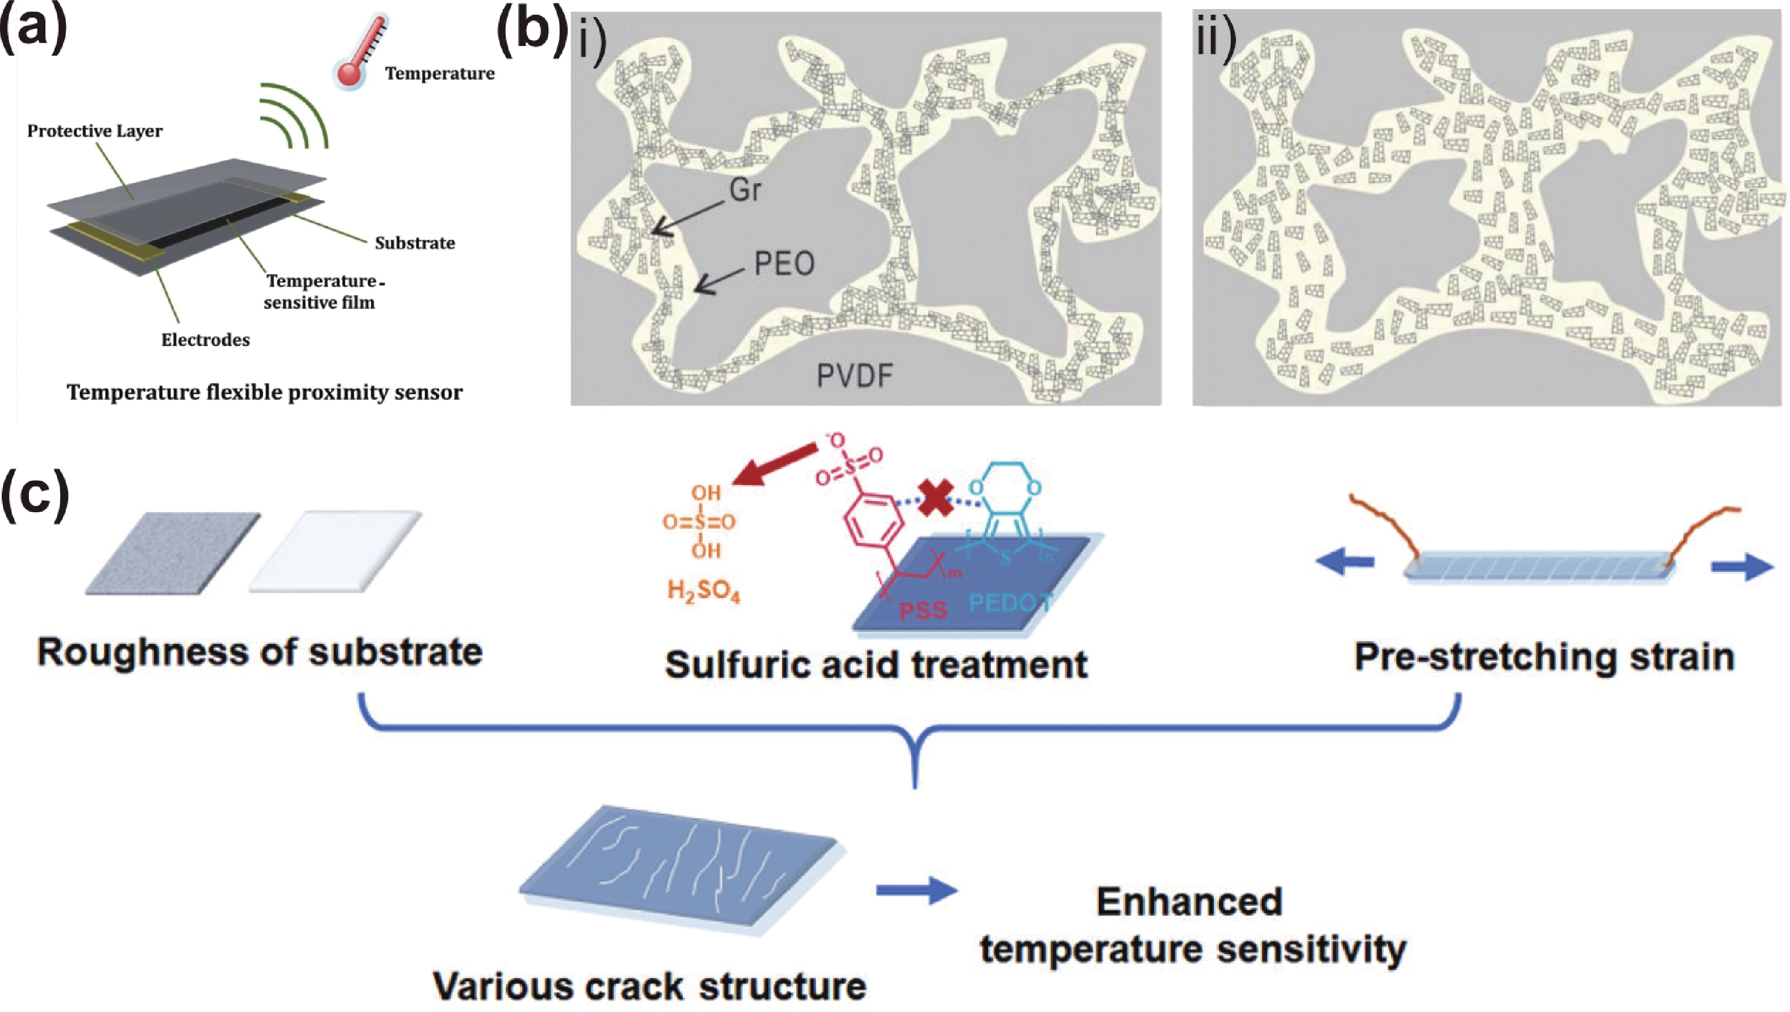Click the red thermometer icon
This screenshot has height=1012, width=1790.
coord(360,52)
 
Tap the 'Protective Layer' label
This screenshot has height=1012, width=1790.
coord(94,131)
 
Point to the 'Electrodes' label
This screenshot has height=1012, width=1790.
coord(205,339)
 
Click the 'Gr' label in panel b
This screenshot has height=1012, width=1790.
coord(745,190)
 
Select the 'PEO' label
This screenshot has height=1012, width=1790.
coord(784,264)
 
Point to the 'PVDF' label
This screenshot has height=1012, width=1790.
coord(855,375)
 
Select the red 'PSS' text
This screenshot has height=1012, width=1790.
coord(923,610)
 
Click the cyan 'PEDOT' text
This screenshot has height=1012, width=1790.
coord(1010,602)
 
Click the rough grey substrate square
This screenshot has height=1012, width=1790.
coord(172,553)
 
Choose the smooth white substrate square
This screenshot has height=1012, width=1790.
coord(335,552)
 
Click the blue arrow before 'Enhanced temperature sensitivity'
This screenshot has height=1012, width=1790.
coord(917,890)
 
